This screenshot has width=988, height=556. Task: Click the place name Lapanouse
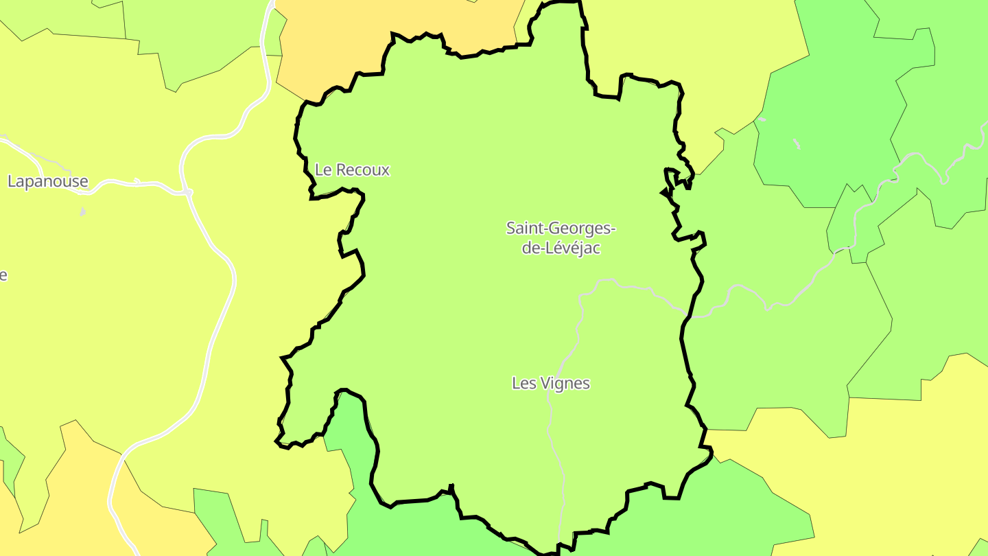tap(48, 181)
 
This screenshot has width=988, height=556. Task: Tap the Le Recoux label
tap(352, 170)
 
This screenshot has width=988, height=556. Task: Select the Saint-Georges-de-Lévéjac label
tap(561, 238)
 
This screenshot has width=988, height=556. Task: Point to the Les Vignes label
tap(551, 383)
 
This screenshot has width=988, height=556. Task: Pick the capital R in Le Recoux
tap(338, 170)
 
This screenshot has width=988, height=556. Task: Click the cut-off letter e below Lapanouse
tap(3, 275)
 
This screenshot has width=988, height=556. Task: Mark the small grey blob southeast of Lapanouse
tap(82, 212)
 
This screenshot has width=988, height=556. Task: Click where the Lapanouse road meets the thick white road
tap(187, 193)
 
